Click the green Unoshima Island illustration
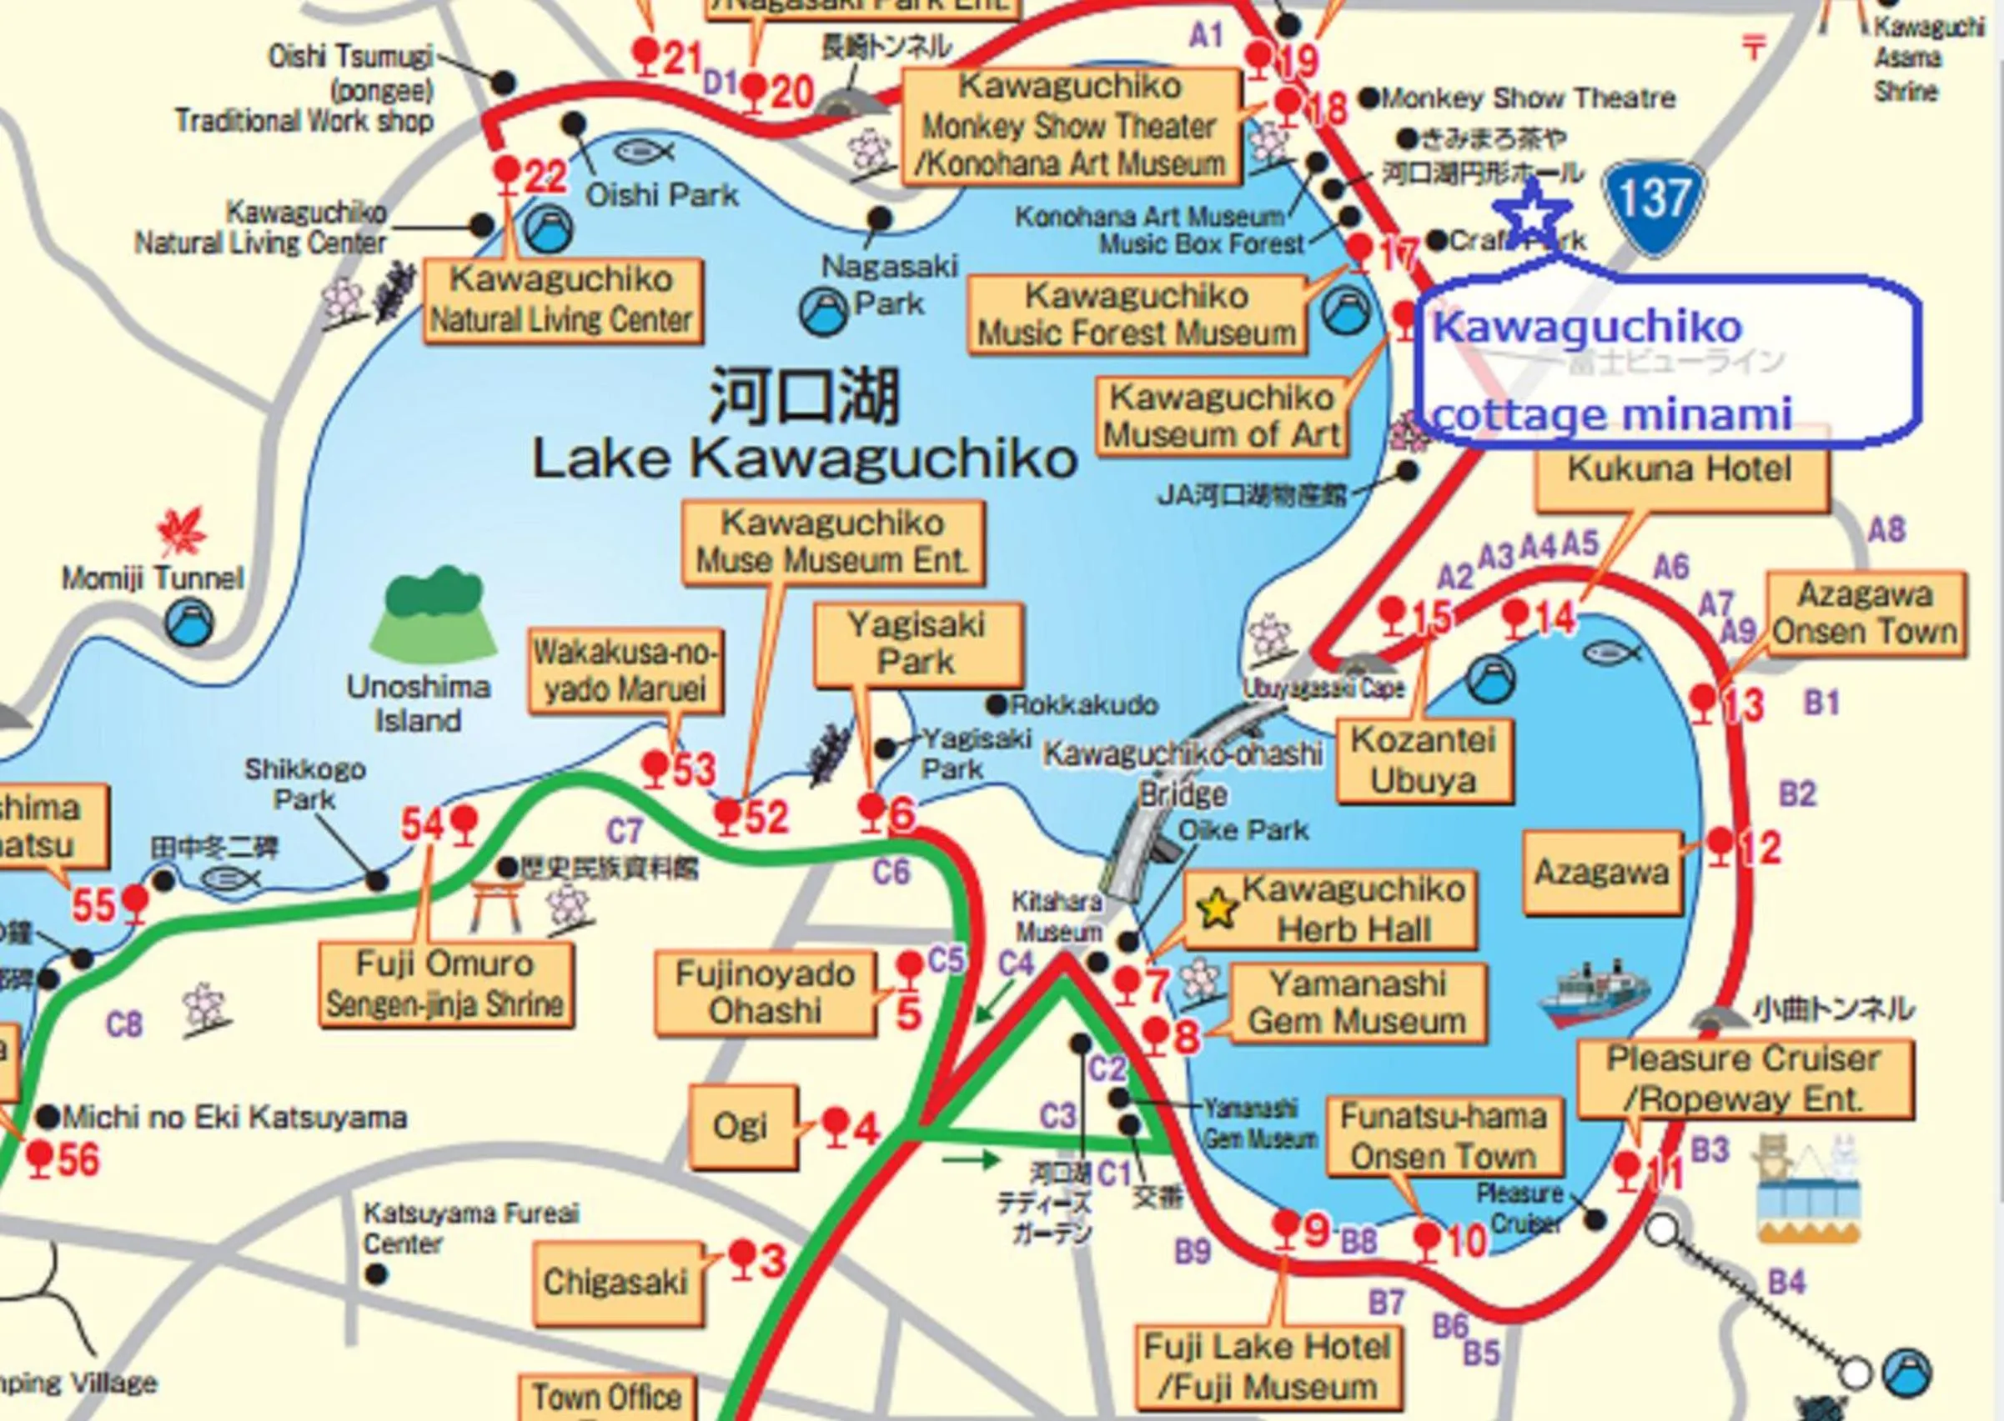[433, 613]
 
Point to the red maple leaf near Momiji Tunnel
[181, 531]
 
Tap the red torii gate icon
[496, 907]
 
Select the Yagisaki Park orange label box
[917, 644]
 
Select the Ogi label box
[741, 1127]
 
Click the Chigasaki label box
[616, 1283]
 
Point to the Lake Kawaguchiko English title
[804, 459]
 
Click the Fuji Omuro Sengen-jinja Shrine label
[444, 984]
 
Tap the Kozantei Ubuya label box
[1423, 760]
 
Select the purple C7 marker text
[625, 830]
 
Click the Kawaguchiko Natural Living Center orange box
[561, 300]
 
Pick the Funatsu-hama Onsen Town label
[1442, 1137]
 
